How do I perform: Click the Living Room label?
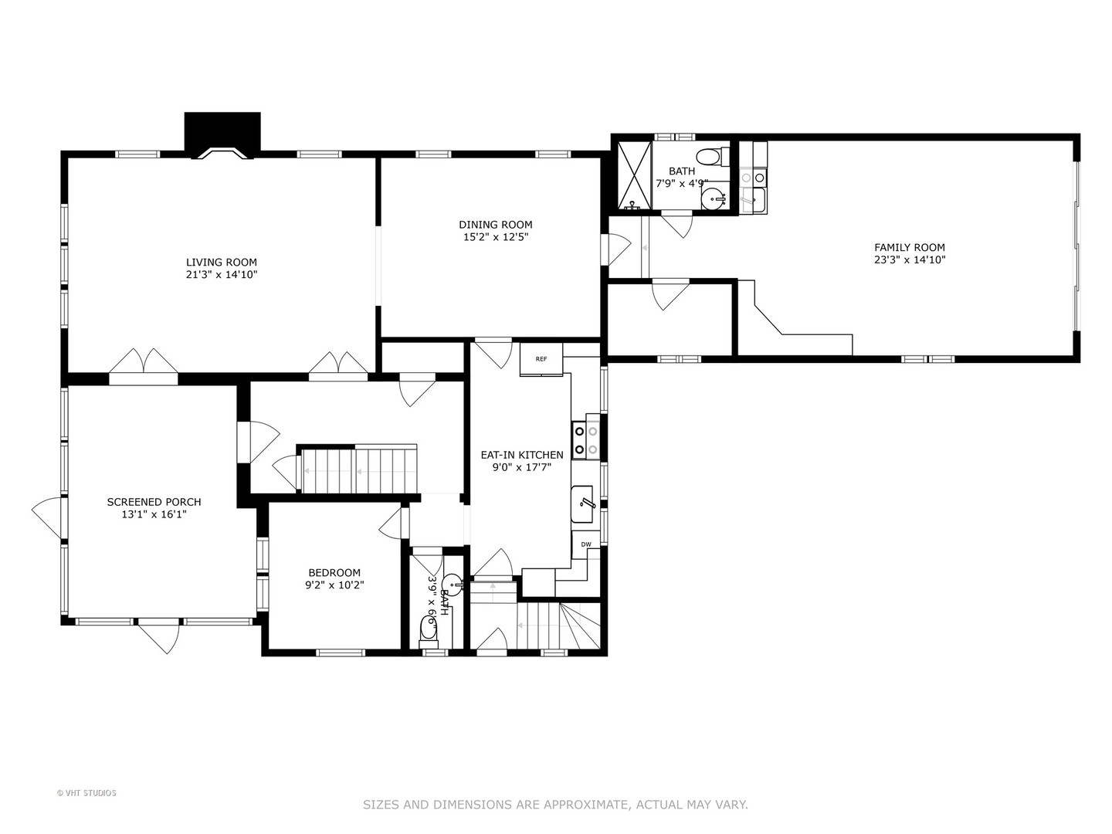pyautogui.click(x=222, y=263)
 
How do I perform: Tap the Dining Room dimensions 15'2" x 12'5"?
pyautogui.click(x=496, y=237)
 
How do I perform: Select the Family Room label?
pyautogui.click(x=910, y=248)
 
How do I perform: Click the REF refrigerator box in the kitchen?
pyautogui.click(x=541, y=360)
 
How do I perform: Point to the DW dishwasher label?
pyautogui.click(x=586, y=544)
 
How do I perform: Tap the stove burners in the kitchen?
pyautogui.click(x=586, y=440)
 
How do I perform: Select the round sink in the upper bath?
pyautogui.click(x=714, y=198)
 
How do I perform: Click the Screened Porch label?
pyautogui.click(x=154, y=502)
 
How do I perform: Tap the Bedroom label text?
pyautogui.click(x=334, y=573)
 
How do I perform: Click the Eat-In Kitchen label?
pyautogui.click(x=522, y=455)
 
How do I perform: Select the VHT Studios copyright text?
pyautogui.click(x=86, y=793)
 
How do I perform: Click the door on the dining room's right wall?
pyautogui.click(x=616, y=249)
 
